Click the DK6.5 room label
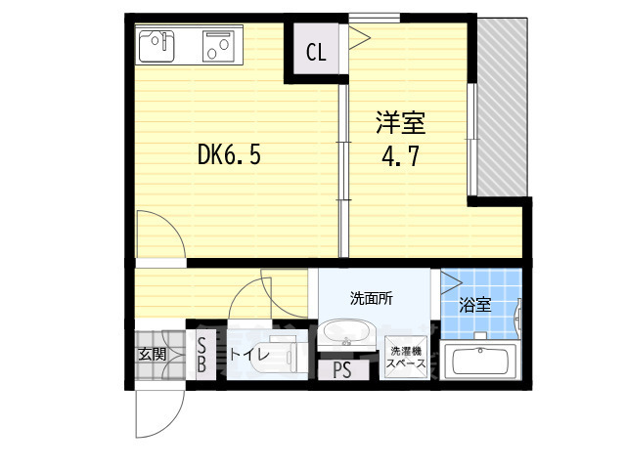(229, 154)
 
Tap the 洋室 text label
(401, 125)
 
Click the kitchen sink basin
(158, 44)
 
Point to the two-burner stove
(218, 44)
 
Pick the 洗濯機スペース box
(404, 357)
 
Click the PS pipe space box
(341, 370)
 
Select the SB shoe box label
(201, 354)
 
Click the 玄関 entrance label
(152, 354)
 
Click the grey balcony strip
(503, 107)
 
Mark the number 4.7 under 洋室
(401, 156)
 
